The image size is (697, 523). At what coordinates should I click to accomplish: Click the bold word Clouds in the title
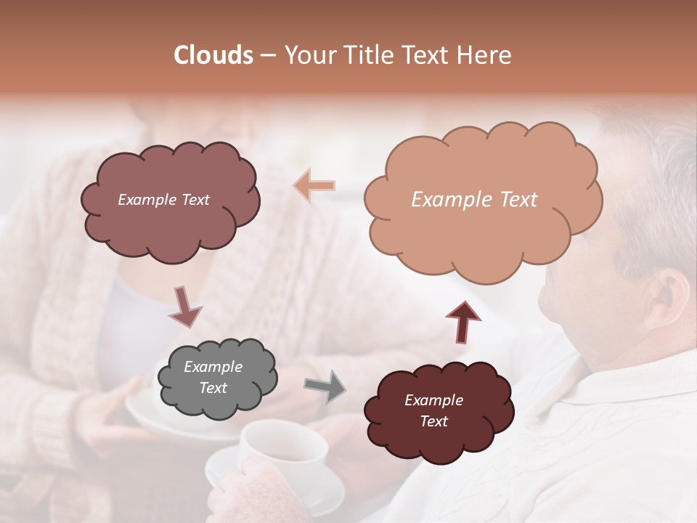click(x=213, y=55)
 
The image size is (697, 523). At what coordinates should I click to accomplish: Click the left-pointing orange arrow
click(x=314, y=186)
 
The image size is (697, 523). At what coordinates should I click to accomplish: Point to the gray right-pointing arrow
click(x=325, y=386)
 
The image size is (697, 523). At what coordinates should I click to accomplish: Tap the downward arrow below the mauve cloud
click(x=185, y=307)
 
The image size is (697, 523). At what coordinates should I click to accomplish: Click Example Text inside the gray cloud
click(x=213, y=378)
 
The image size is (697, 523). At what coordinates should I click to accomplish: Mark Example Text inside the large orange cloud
click(x=474, y=200)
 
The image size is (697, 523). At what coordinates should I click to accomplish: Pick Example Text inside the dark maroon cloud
click(x=434, y=410)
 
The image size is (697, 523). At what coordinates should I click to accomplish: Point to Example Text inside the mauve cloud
click(x=163, y=200)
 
